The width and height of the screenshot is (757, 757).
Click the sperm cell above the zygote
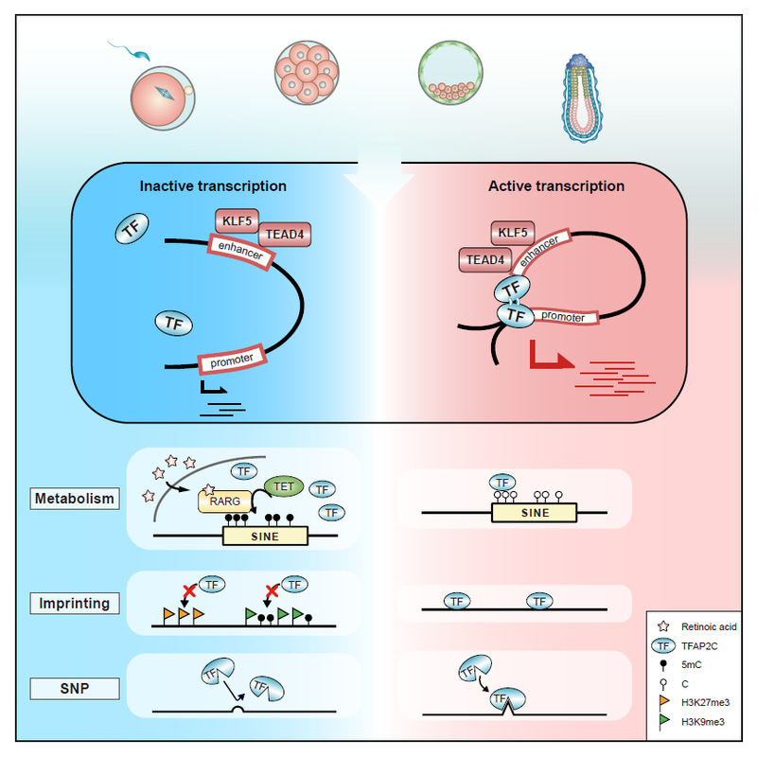(x=131, y=51)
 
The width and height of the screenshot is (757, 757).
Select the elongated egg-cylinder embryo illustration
(x=582, y=98)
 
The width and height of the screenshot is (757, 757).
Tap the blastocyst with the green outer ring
(x=450, y=73)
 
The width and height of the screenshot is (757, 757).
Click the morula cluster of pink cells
(x=307, y=73)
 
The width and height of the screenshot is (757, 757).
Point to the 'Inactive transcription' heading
(x=213, y=185)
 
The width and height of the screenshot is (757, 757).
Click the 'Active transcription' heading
(x=556, y=185)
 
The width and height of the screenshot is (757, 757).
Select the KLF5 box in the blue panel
(x=238, y=221)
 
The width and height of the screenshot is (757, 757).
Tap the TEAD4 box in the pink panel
(x=485, y=259)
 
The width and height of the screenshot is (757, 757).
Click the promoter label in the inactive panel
(x=232, y=360)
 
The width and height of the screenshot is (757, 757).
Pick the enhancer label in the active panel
(x=539, y=250)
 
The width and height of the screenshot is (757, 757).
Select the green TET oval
(x=284, y=486)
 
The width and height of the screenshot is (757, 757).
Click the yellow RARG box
(x=225, y=502)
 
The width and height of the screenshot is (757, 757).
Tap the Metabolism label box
(x=75, y=499)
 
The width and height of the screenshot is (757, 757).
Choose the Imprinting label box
(x=75, y=603)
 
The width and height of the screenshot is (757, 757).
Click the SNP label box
(x=75, y=689)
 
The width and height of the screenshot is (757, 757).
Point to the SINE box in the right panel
(x=534, y=513)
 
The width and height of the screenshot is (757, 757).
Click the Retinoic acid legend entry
(x=696, y=626)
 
